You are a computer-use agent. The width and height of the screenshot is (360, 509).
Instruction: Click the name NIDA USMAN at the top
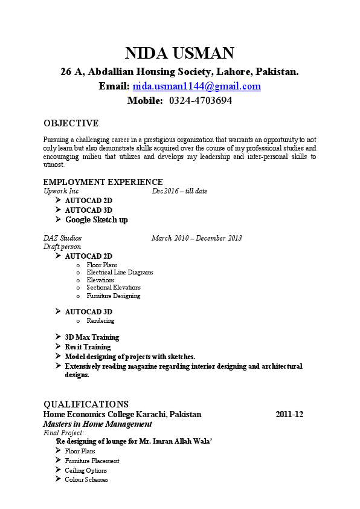click(179, 53)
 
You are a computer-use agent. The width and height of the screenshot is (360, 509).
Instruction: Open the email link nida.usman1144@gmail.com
click(196, 86)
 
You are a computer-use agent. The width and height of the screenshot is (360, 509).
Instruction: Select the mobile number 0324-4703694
click(201, 101)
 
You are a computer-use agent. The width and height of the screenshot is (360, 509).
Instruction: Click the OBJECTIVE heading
click(71, 123)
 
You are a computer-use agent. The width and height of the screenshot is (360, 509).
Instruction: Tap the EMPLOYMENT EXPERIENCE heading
click(103, 182)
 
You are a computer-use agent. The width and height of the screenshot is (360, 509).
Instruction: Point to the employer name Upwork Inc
click(61, 191)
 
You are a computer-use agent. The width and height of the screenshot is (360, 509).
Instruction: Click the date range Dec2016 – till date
click(179, 191)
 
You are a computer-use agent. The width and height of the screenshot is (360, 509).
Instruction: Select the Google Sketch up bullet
click(96, 220)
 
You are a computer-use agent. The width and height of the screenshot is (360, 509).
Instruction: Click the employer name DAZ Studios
click(62, 238)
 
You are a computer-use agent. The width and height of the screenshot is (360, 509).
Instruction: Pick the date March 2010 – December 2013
click(196, 238)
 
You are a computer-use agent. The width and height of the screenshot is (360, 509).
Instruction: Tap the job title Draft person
click(62, 247)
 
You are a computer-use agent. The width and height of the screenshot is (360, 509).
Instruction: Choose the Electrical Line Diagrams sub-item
click(120, 273)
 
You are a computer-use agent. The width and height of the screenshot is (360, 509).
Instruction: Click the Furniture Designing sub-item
click(113, 296)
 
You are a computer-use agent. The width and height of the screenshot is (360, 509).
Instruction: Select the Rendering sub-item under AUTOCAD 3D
click(100, 321)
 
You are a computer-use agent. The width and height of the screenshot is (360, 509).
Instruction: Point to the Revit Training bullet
click(88, 347)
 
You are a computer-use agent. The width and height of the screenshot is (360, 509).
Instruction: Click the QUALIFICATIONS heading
click(86, 404)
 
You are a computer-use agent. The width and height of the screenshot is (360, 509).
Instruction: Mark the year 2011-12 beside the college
click(289, 415)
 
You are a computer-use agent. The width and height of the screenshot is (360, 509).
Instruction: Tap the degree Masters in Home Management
click(97, 424)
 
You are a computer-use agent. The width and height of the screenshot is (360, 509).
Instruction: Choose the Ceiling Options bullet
click(86, 470)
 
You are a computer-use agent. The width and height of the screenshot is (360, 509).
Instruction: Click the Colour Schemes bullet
click(86, 480)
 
